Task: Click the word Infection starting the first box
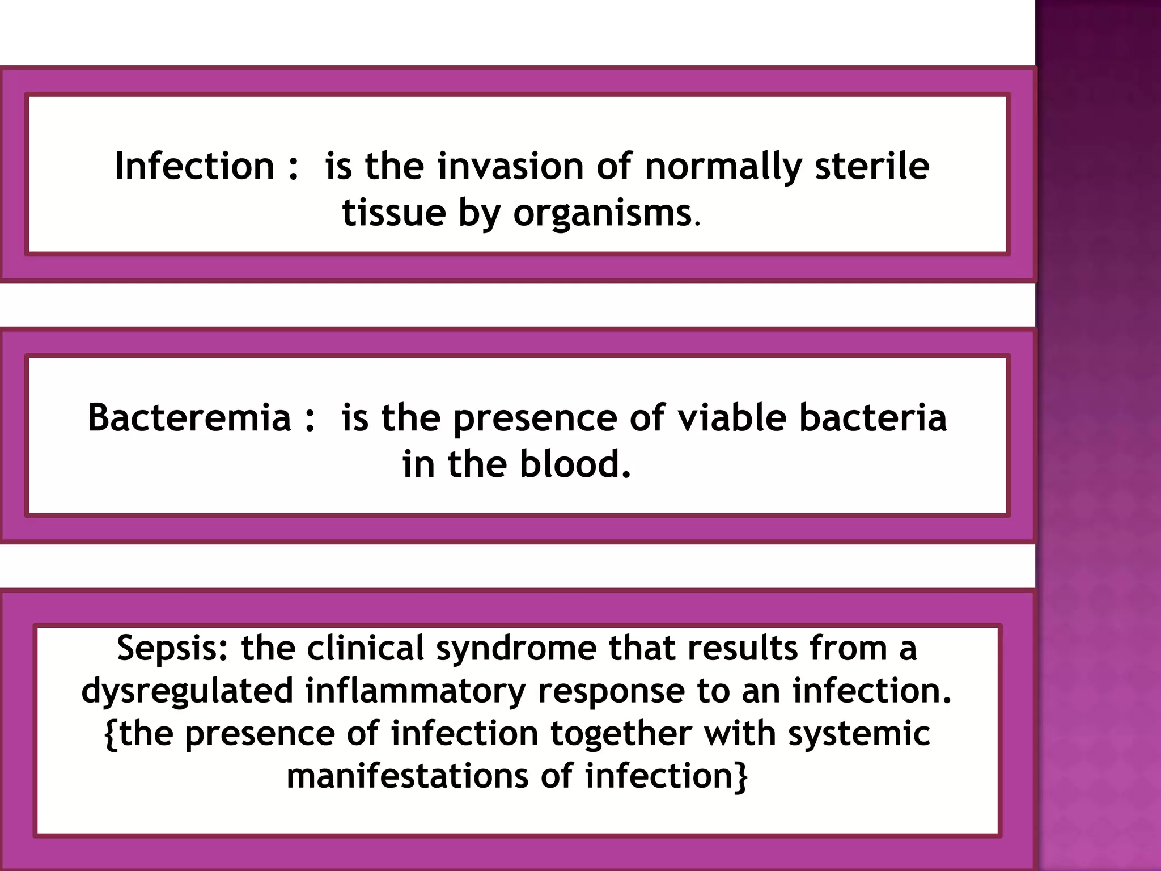click(x=194, y=166)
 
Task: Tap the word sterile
click(x=872, y=166)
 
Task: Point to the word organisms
click(x=602, y=214)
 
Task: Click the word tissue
click(x=394, y=214)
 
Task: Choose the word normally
click(x=723, y=167)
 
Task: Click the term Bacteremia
click(x=189, y=418)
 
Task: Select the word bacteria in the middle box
click(x=873, y=418)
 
